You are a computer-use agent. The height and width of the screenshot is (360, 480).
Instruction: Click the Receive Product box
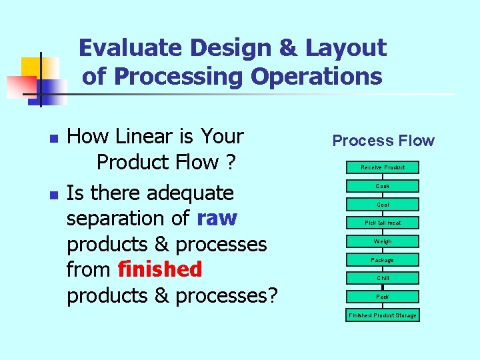click(x=383, y=167)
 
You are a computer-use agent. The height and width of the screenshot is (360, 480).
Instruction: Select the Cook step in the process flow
click(x=383, y=186)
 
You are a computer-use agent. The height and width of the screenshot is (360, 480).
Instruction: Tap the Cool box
click(x=383, y=205)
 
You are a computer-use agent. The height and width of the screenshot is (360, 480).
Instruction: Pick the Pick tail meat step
click(x=383, y=223)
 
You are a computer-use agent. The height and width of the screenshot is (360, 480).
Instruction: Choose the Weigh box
click(x=383, y=241)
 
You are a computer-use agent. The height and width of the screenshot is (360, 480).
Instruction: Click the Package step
click(x=383, y=259)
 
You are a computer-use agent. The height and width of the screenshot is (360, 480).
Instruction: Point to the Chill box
click(x=383, y=278)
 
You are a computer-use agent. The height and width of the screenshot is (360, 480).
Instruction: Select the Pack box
click(x=383, y=296)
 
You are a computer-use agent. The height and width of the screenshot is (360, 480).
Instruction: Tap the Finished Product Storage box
click(x=383, y=315)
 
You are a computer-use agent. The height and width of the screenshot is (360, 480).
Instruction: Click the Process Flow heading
click(x=383, y=141)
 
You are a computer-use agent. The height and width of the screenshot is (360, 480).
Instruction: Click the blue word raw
click(x=217, y=219)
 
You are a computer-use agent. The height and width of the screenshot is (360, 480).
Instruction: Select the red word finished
click(x=159, y=269)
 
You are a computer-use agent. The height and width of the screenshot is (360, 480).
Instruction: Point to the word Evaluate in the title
click(x=131, y=48)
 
